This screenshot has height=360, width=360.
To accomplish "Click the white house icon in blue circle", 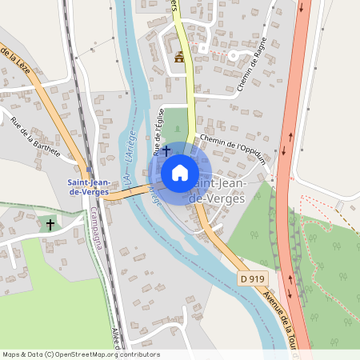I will [180, 172].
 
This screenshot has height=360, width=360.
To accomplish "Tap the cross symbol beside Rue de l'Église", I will [166, 150].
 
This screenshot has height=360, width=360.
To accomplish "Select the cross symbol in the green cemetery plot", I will [50, 226].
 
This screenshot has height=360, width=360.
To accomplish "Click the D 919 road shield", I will [252, 278].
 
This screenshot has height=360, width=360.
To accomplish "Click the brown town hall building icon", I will [179, 57].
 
